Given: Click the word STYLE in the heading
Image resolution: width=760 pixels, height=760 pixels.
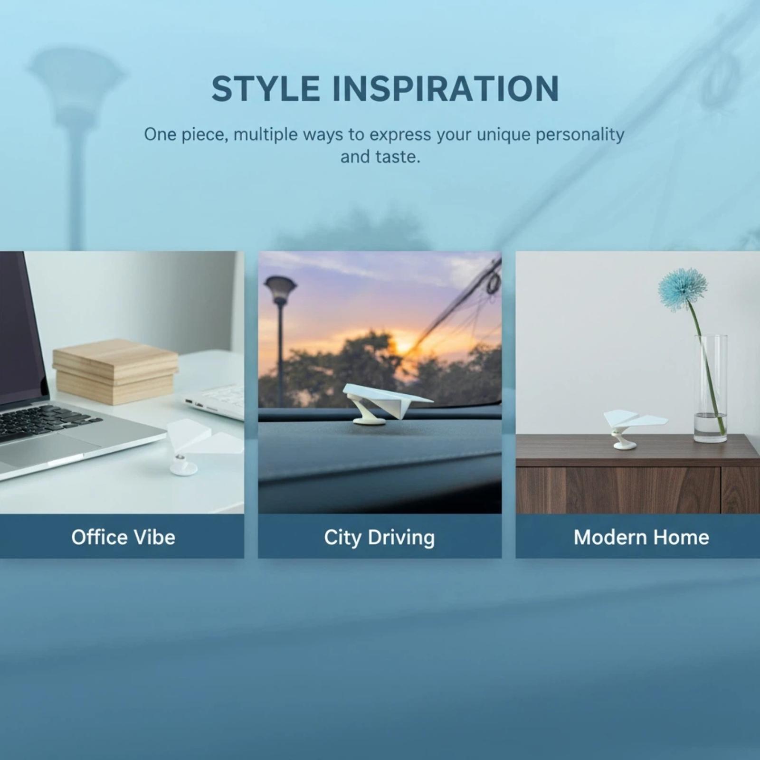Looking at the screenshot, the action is (x=266, y=88).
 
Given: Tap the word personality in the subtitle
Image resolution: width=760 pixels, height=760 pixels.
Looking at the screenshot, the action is (x=580, y=135).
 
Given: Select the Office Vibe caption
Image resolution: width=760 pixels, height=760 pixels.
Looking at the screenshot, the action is (x=123, y=537).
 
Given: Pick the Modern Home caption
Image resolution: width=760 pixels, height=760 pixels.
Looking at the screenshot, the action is (x=641, y=537).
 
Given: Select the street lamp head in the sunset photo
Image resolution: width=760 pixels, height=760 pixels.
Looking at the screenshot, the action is (x=280, y=289).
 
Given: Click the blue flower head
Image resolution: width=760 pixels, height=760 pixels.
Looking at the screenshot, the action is (x=683, y=289).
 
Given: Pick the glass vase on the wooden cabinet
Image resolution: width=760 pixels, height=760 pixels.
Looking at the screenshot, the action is (x=711, y=388).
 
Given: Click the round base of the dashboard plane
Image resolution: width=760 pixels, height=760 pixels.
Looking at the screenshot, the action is (x=369, y=420).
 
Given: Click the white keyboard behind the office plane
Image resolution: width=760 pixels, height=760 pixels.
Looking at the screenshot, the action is (x=216, y=401).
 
